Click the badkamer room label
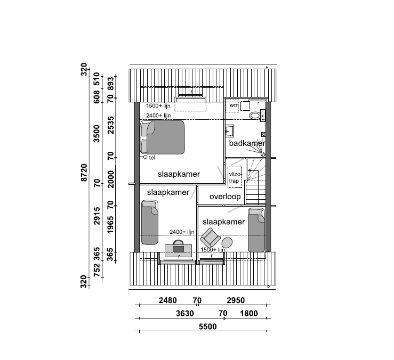click(x=247, y=143)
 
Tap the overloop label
click(x=225, y=197)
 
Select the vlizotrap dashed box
click(x=235, y=177)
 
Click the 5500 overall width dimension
click(x=207, y=326)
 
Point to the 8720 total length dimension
click(x=84, y=173)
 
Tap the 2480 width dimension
click(x=167, y=300)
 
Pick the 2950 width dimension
click(x=236, y=300)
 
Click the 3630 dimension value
click(x=184, y=313)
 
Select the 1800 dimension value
click(x=249, y=313)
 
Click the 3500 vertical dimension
click(x=97, y=134)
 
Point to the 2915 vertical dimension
click(x=97, y=216)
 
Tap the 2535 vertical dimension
click(x=110, y=125)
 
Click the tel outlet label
click(x=152, y=158)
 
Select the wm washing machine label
click(x=234, y=105)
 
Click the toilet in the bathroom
click(x=255, y=116)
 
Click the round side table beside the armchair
click(x=227, y=242)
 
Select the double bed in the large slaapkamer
click(x=163, y=137)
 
